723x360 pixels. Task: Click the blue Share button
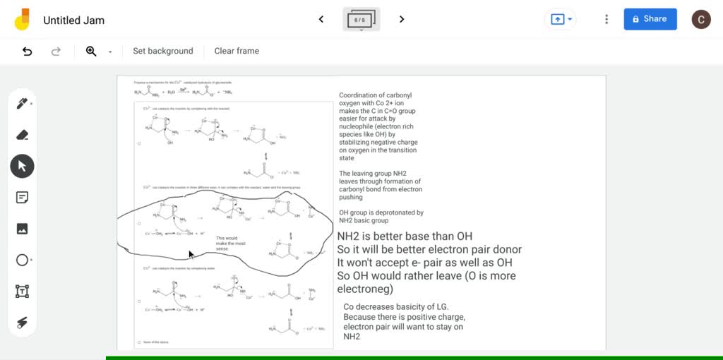pos(650,19)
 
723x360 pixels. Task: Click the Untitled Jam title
pos(74,20)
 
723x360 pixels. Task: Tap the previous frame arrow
pos(321,19)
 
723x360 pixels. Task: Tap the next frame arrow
pos(402,19)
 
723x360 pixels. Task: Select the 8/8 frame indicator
pos(361,20)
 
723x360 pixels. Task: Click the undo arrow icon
pos(28,51)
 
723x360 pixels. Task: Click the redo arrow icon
pos(56,51)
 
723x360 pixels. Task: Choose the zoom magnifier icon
pos(91,51)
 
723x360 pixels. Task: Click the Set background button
pos(162,51)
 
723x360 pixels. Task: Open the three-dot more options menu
pos(606,19)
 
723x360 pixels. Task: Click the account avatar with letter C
pos(700,20)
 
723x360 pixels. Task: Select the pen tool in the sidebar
pos(22,104)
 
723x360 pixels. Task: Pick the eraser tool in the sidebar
pos(22,135)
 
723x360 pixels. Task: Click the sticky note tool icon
pos(22,198)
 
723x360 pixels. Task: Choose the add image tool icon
pos(22,229)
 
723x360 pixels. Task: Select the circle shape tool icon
pos(22,260)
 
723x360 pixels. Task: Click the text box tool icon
pos(22,291)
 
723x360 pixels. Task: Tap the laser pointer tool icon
pos(22,323)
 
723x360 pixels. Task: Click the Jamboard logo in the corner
pos(22,20)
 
